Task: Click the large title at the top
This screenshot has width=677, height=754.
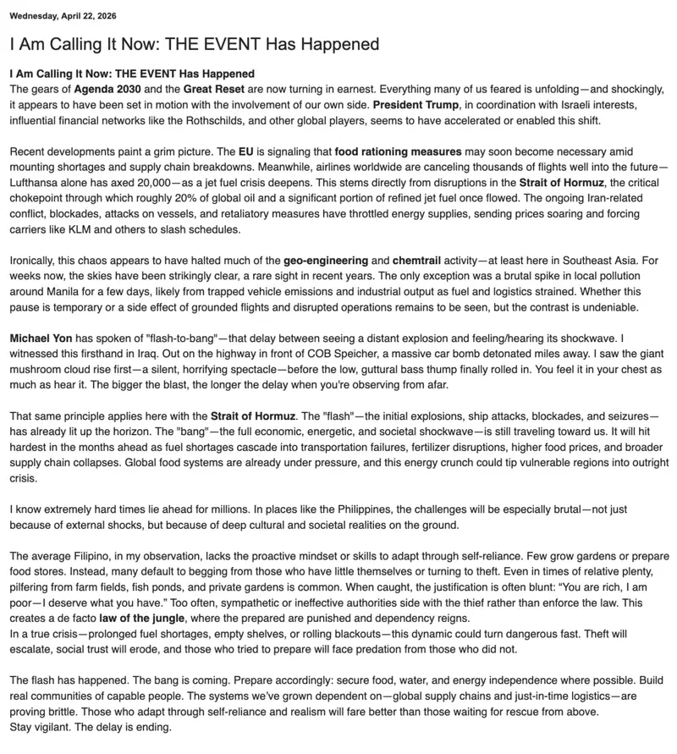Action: point(194,44)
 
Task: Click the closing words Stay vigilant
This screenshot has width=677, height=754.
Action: point(39,726)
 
